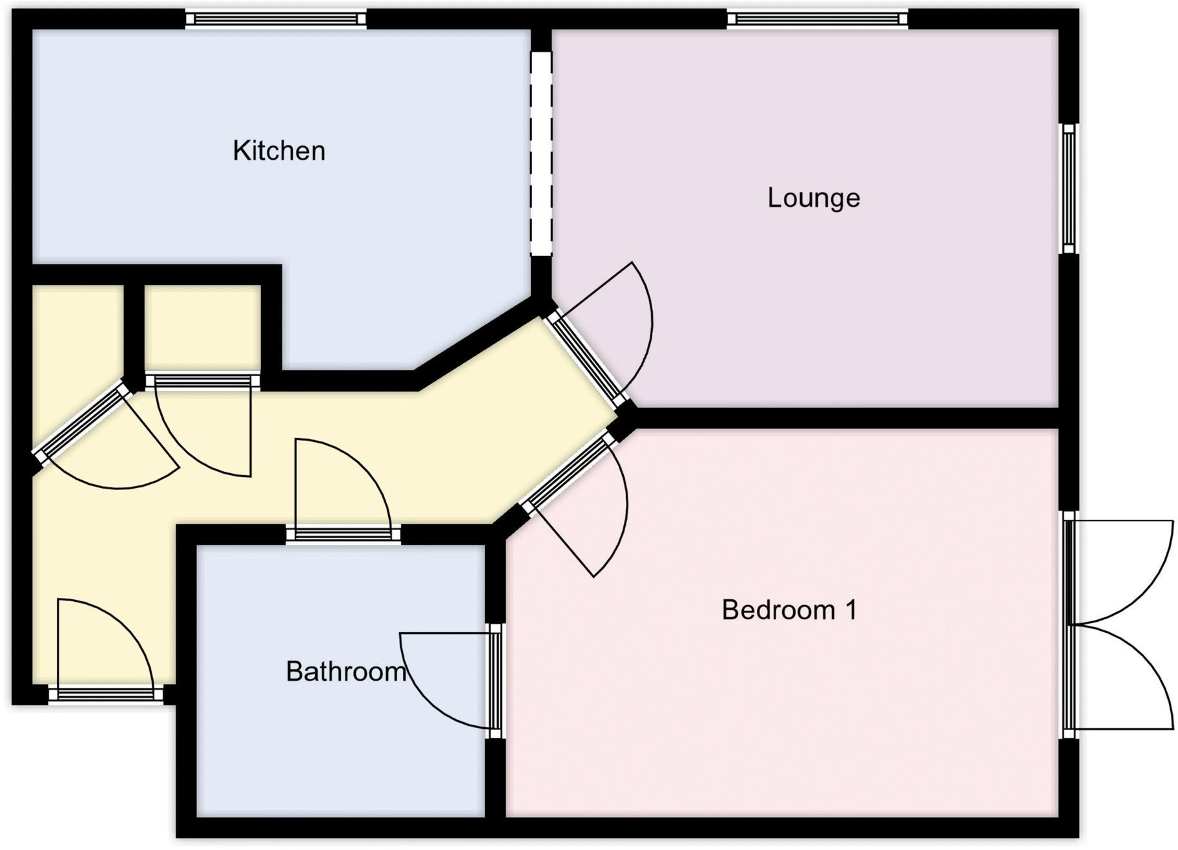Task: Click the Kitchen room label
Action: pos(278,151)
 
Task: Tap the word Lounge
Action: pos(813,198)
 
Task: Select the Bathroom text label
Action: pos(346,672)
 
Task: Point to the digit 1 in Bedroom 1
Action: pos(851,610)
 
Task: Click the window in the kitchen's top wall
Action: pos(276,19)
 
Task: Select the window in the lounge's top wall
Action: pos(817,19)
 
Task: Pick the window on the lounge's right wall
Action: pos(1069,189)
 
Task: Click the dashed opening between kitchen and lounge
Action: pos(541,154)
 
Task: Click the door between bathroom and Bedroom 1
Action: pos(495,680)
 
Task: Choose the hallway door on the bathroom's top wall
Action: pos(343,534)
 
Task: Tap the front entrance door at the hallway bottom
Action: pos(106,694)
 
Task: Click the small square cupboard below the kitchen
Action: pos(202,326)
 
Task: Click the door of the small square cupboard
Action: pos(202,382)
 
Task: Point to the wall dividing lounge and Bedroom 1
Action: pos(846,418)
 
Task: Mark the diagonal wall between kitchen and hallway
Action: pos(481,347)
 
